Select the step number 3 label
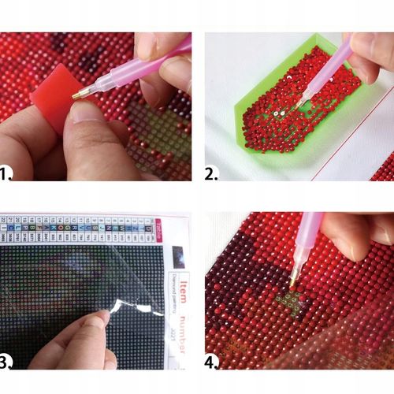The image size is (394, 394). coord(7,362)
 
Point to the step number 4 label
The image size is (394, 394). coord(212,362)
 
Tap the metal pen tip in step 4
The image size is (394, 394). coord(292,277)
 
